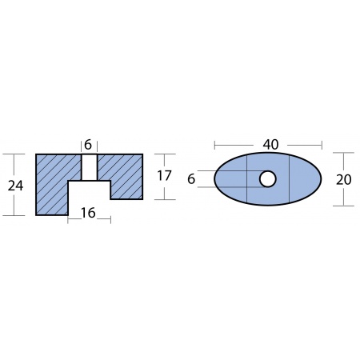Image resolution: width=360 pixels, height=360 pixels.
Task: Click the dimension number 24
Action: (x=15, y=186)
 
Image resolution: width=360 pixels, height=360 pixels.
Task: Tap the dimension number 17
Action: (x=164, y=176)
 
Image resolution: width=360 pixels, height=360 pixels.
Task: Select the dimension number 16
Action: (x=88, y=213)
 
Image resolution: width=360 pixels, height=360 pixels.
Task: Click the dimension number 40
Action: (x=270, y=144)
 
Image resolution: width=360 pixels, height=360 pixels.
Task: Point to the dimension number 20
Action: (x=343, y=179)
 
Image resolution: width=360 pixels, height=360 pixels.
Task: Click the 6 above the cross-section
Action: (x=88, y=145)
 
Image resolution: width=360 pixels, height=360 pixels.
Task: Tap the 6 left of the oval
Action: (x=191, y=178)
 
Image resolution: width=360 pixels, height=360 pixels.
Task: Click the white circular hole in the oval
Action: (x=267, y=179)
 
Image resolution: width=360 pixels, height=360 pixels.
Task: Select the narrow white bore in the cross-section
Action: (x=89, y=167)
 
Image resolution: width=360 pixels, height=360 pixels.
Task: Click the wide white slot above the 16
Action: (x=89, y=198)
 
